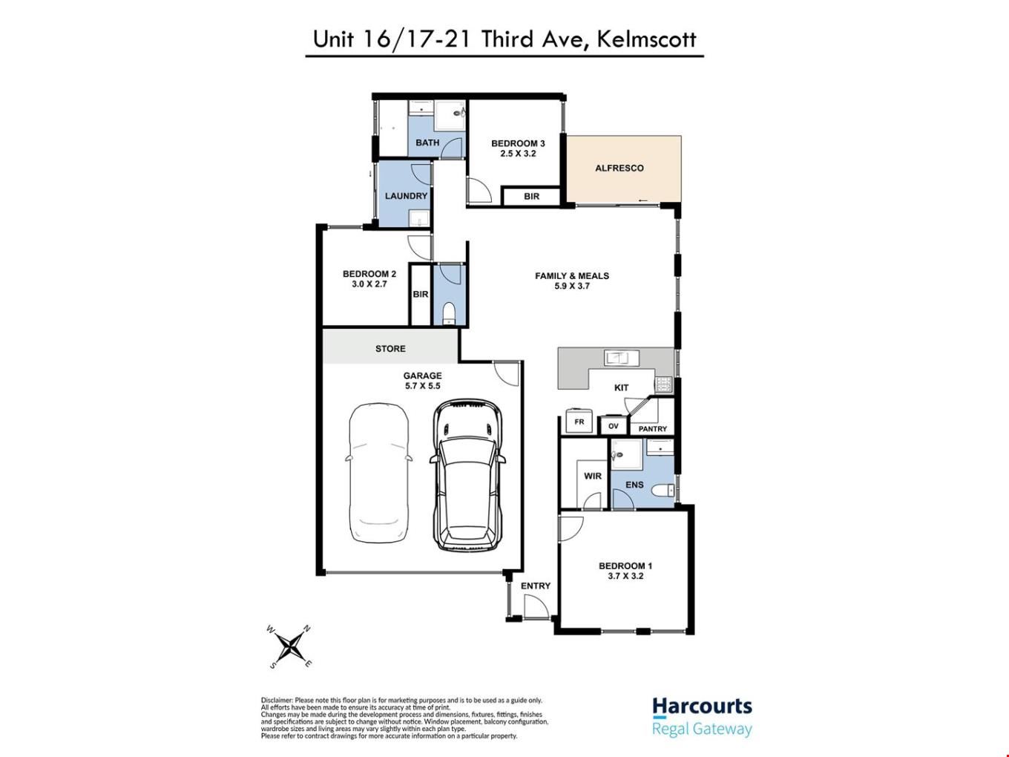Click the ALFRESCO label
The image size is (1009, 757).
point(619,168)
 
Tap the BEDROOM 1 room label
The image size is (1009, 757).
point(625,566)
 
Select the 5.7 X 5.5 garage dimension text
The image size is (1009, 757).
point(422,386)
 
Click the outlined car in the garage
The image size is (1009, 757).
point(378,473)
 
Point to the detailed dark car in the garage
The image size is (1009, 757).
point(468,475)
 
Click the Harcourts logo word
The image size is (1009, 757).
point(702,707)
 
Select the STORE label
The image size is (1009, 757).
point(390,349)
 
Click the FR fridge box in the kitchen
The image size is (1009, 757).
point(579,421)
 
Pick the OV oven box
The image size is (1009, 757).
point(614,425)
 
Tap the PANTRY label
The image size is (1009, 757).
point(652,429)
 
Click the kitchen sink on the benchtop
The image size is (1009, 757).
point(621,358)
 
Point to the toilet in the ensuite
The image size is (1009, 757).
point(662,491)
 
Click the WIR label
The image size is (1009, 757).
point(593,476)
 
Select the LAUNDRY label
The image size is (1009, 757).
point(406,196)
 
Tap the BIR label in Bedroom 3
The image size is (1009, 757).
point(531,196)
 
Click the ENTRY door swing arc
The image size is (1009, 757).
point(542,599)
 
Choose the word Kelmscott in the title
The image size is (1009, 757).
point(646,39)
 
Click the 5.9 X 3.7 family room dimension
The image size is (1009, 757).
point(572,286)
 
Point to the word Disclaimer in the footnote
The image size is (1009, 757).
point(277,701)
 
